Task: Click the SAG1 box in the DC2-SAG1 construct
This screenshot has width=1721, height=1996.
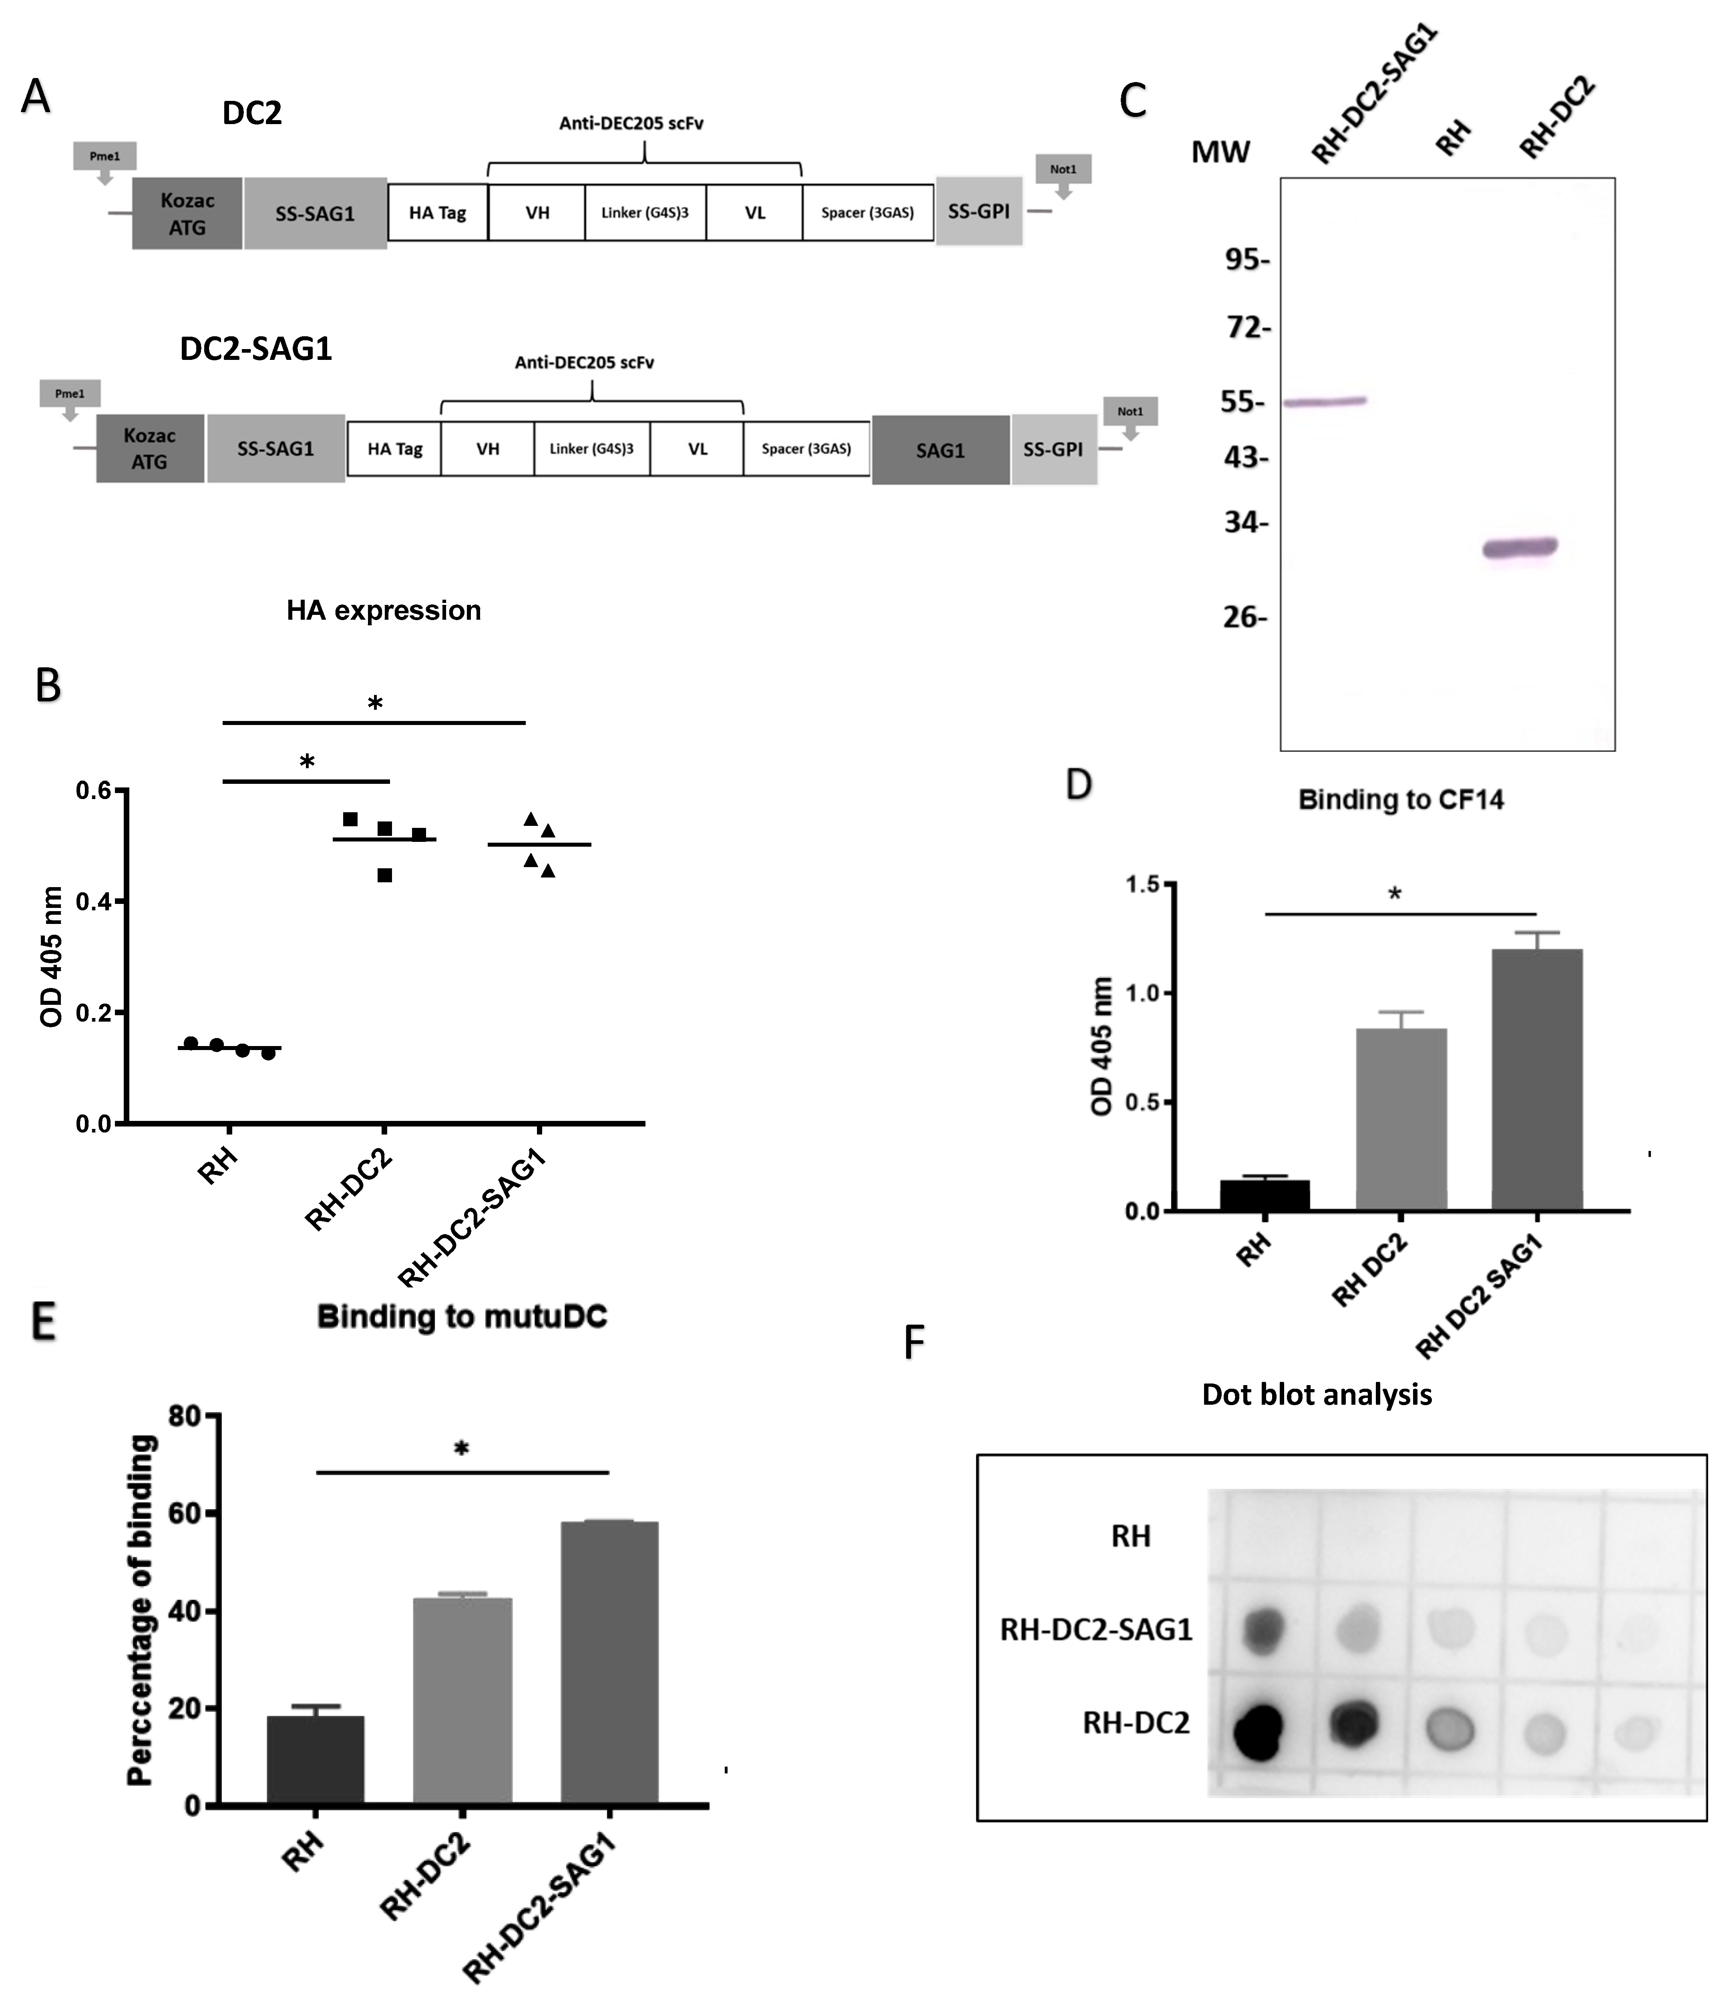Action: click(939, 450)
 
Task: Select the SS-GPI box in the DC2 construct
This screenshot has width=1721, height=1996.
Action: click(978, 212)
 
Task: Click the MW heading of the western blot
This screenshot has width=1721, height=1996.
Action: click(1220, 152)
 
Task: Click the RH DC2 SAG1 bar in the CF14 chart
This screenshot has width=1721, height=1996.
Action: click(1537, 1079)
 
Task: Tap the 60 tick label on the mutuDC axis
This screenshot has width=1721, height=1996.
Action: click(184, 1514)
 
